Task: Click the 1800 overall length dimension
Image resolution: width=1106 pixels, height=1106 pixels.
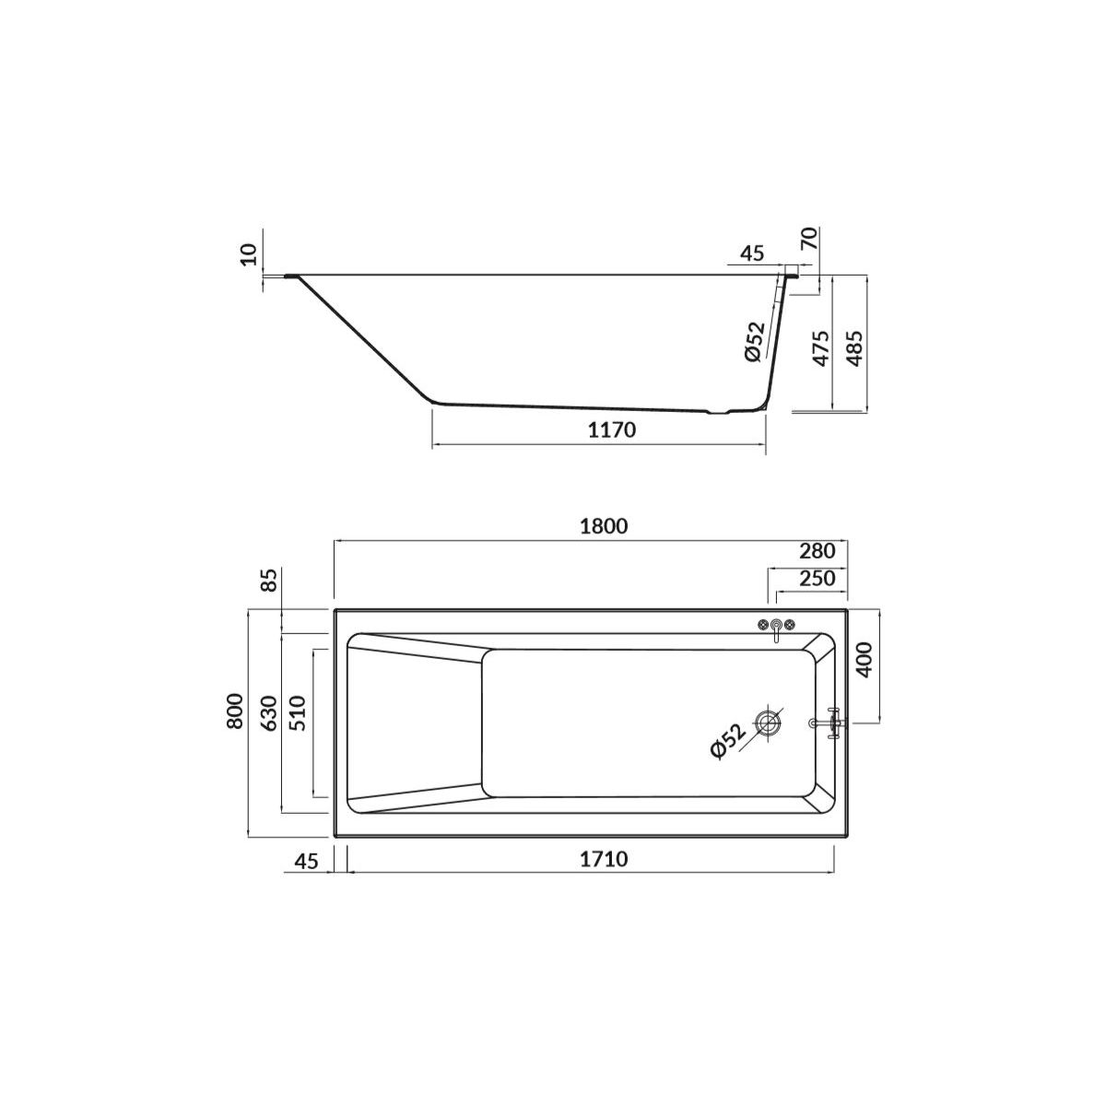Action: [x=603, y=526]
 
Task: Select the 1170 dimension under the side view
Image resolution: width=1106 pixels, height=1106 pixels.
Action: [x=612, y=429]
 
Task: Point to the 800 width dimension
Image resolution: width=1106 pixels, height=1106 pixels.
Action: [x=235, y=712]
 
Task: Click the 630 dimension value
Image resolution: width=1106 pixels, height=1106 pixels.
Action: [x=269, y=712]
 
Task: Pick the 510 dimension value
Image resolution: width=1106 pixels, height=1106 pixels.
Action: [x=298, y=712]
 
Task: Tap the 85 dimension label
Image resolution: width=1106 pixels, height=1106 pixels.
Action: [x=270, y=580]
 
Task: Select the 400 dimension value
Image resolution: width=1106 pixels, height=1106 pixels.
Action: [x=865, y=660]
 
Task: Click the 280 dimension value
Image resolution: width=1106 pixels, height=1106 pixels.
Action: [x=817, y=551]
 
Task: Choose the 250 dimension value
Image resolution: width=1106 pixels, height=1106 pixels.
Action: [x=817, y=578]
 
